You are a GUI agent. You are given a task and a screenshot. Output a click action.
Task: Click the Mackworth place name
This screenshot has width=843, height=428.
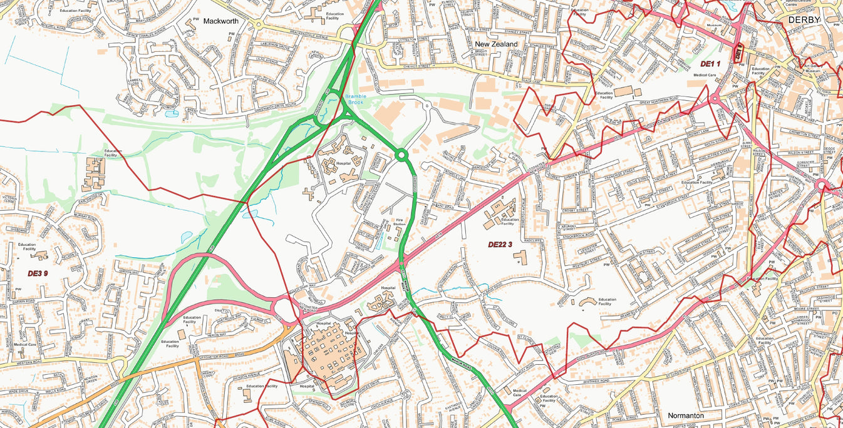(221, 21)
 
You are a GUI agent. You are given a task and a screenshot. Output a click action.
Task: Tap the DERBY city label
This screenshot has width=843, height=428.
(804, 21)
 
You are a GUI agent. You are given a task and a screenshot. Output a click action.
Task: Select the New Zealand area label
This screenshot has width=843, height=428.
(496, 44)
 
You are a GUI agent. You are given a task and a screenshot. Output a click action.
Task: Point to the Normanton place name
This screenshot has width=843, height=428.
(685, 415)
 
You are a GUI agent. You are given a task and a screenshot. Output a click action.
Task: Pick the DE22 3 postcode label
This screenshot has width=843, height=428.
(500, 245)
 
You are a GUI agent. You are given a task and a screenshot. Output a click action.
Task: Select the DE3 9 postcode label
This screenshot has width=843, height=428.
(38, 273)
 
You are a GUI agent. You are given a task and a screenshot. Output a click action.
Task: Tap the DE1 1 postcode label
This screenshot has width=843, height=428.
(710, 64)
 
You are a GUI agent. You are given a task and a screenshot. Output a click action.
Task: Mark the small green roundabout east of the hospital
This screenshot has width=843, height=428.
(401, 154)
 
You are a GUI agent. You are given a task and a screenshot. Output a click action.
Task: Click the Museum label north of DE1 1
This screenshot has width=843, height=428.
(714, 26)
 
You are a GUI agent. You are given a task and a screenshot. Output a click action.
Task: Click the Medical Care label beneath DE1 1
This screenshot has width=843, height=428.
(704, 75)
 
